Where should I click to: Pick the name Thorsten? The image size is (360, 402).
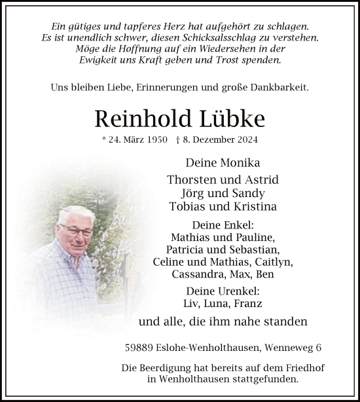coord(192,179)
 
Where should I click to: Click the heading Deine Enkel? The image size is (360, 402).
coord(223,225)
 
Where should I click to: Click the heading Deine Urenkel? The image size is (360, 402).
coord(223,291)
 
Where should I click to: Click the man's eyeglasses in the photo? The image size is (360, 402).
coord(76,228)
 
